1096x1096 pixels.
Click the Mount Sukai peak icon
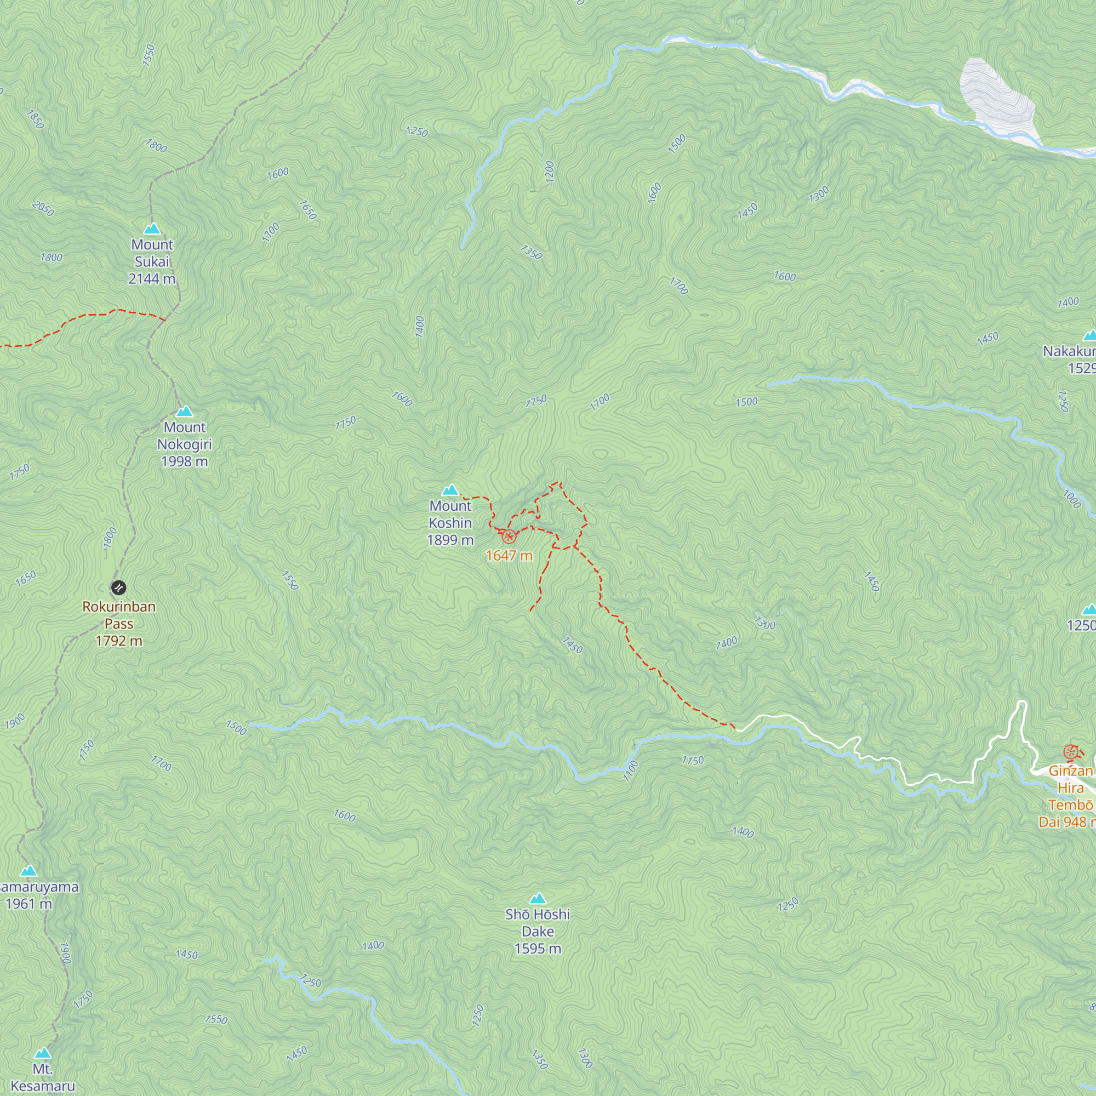pyautogui.click(x=151, y=229)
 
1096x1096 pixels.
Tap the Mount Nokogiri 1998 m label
pyautogui.click(x=184, y=444)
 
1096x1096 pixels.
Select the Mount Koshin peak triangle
pyautogui.click(x=450, y=490)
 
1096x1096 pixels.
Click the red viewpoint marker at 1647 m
pyautogui.click(x=509, y=536)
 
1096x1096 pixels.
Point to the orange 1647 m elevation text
pyautogui.click(x=509, y=556)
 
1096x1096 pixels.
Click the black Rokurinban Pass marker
pyautogui.click(x=118, y=587)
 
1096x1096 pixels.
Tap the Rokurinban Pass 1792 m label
pyautogui.click(x=119, y=624)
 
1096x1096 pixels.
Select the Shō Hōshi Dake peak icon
pyautogui.click(x=537, y=899)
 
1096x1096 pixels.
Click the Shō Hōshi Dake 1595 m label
pyautogui.click(x=537, y=932)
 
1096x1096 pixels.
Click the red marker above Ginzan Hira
pyautogui.click(x=1070, y=753)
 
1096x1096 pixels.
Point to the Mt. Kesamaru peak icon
pyautogui.click(x=43, y=1053)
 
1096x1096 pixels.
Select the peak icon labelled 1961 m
pyautogui.click(x=28, y=871)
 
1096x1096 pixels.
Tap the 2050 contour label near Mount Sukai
pyautogui.click(x=43, y=209)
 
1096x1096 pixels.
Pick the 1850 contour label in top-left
pyautogui.click(x=35, y=119)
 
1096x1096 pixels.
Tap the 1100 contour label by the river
pyautogui.click(x=630, y=772)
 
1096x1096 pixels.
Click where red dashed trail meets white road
pyautogui.click(x=737, y=729)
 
